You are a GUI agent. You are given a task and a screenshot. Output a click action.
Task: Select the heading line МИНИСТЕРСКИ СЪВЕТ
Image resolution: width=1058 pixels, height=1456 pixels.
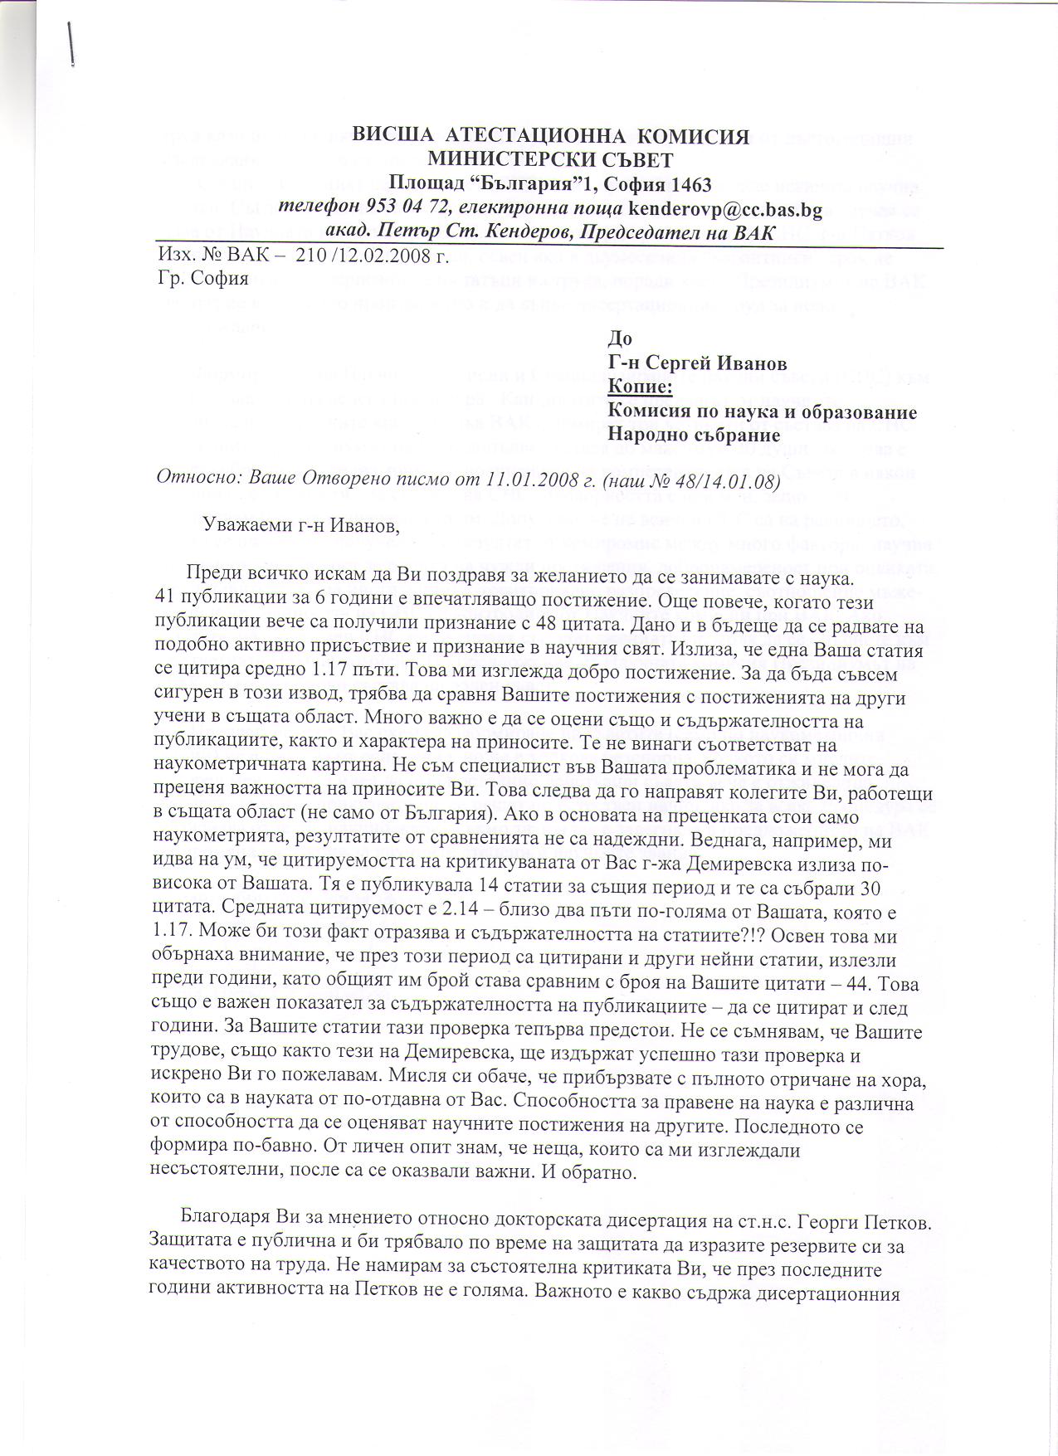click(x=550, y=159)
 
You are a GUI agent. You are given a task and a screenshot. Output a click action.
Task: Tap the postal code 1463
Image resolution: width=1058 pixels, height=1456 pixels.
click(x=685, y=183)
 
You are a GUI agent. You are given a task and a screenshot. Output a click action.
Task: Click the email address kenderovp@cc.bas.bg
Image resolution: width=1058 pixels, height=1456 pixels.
click(x=726, y=208)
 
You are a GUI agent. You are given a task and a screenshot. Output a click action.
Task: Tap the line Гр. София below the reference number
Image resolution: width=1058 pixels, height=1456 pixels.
click(x=202, y=278)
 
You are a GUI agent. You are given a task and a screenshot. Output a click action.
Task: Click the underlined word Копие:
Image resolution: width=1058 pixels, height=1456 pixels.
click(x=640, y=387)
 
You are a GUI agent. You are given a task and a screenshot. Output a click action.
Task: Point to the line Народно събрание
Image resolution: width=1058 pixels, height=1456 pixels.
click(x=694, y=434)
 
